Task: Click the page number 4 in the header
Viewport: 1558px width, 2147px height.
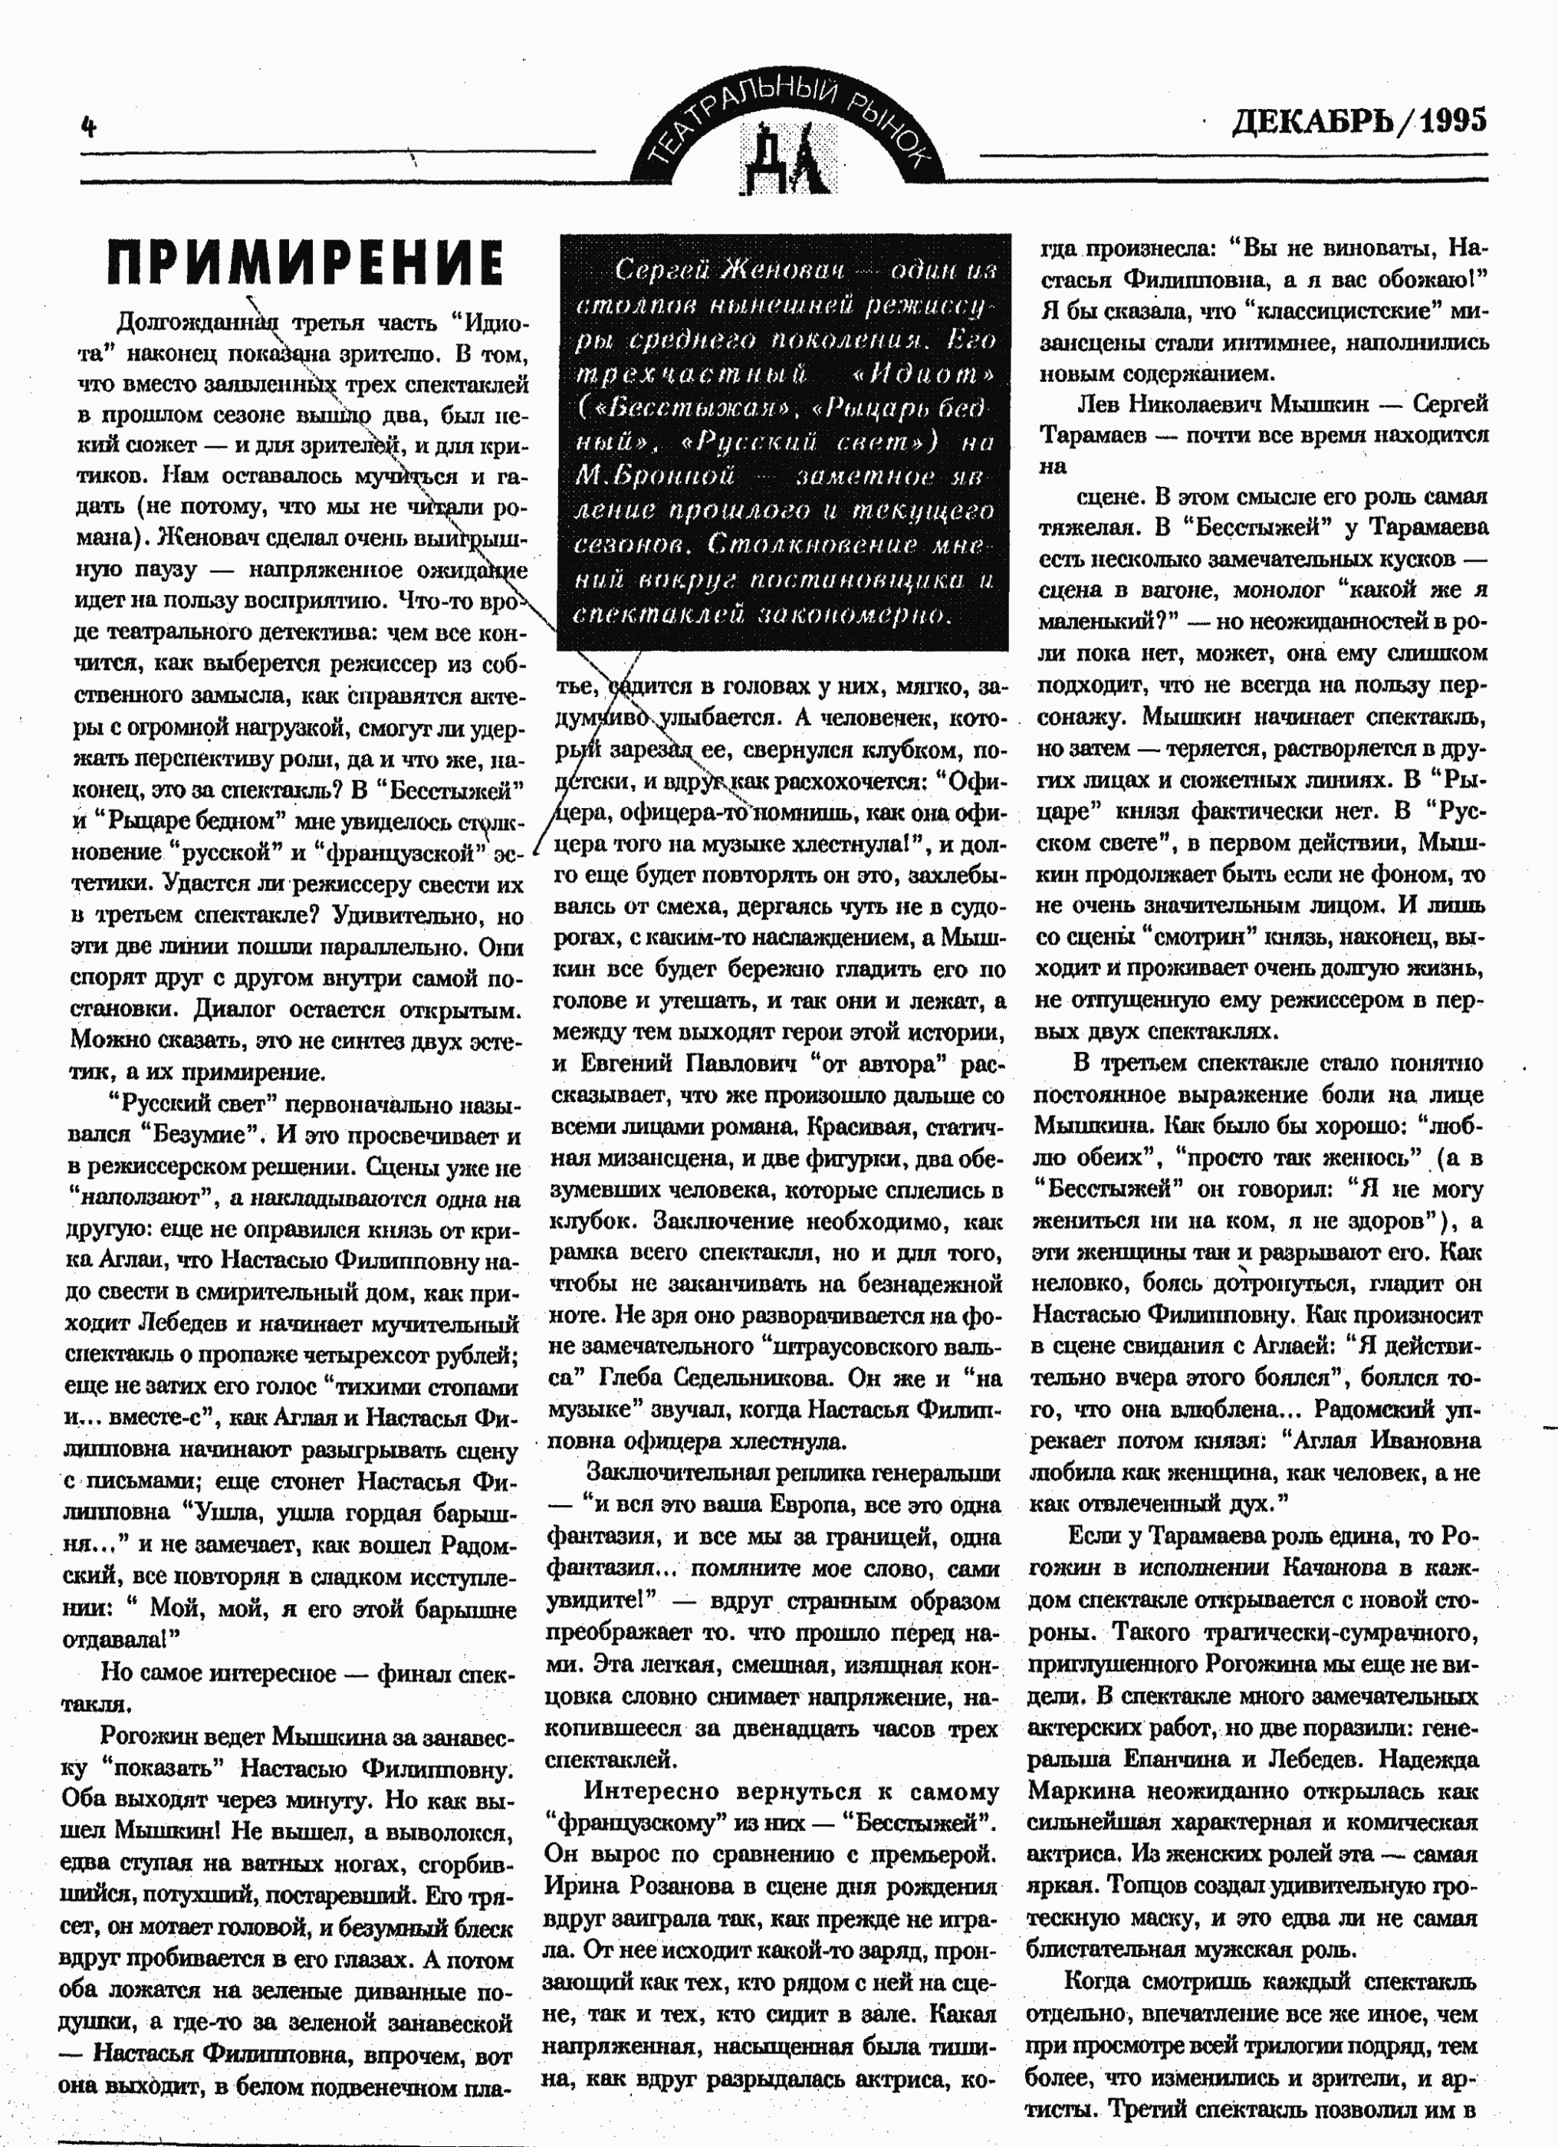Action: (89, 126)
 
